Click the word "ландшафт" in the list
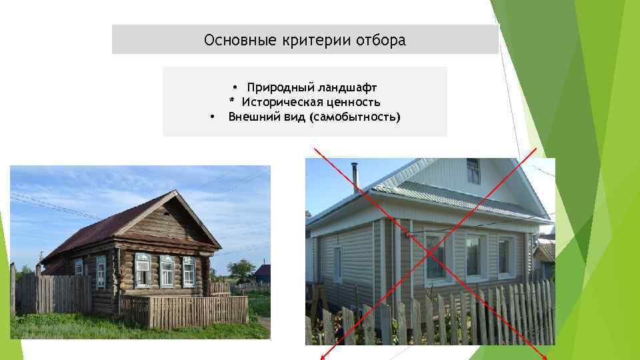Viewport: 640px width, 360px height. pos(347,87)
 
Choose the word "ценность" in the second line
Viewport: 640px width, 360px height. pos(353,102)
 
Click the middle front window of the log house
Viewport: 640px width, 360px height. pos(167,271)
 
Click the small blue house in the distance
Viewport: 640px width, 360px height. pos(262,271)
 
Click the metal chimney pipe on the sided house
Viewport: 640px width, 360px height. pos(356,177)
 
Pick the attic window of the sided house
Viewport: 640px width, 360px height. pos(473,171)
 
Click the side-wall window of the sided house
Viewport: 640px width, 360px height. pos(338,264)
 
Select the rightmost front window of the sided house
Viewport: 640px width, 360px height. pos(507,256)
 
